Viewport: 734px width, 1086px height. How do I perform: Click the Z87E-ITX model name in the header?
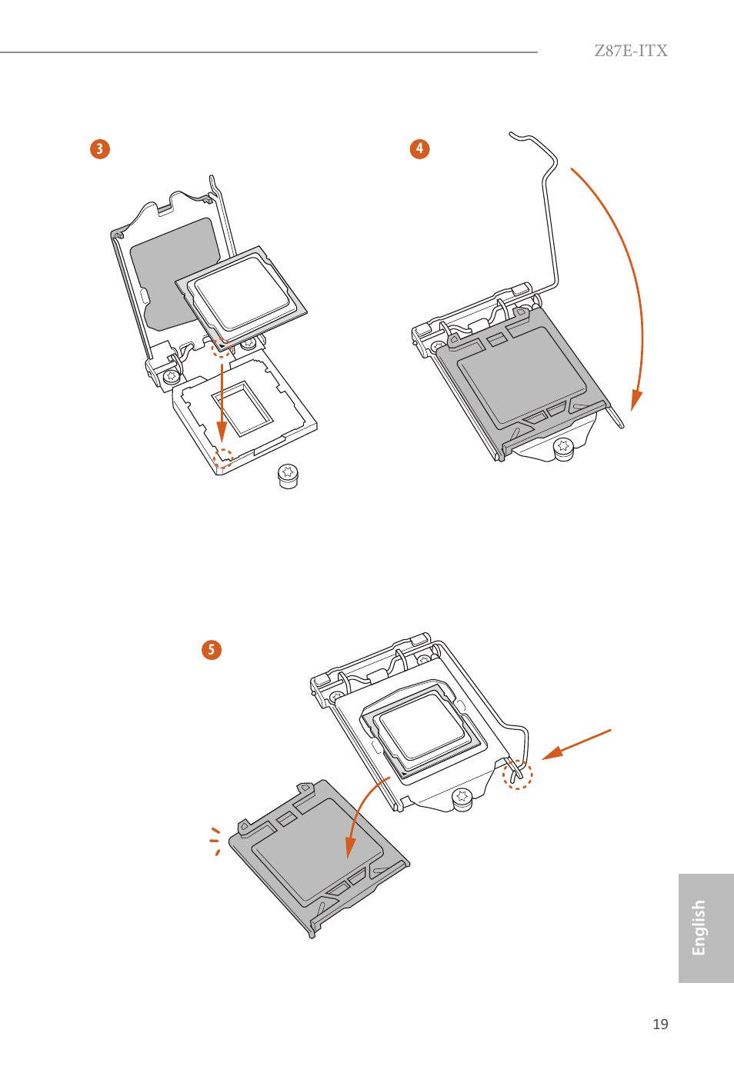pyautogui.click(x=630, y=51)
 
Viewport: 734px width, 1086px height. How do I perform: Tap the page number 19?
pyautogui.click(x=660, y=1024)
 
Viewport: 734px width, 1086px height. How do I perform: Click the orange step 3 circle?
pyautogui.click(x=100, y=148)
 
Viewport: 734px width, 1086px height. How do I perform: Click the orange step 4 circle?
pyautogui.click(x=419, y=148)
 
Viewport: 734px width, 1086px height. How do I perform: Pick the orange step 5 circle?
pyautogui.click(x=212, y=650)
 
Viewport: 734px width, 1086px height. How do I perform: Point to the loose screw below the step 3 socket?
pyautogui.click(x=288, y=475)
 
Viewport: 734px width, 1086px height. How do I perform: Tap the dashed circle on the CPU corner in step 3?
pyautogui.click(x=222, y=347)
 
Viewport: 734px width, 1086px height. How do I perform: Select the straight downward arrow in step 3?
pyautogui.click(x=222, y=400)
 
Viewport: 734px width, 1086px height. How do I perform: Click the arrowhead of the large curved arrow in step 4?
pyautogui.click(x=636, y=400)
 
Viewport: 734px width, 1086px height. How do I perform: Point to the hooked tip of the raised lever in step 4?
pyautogui.click(x=514, y=136)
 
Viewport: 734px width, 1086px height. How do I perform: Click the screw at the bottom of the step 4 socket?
pyautogui.click(x=563, y=446)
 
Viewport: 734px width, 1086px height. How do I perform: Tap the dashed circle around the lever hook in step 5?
pyautogui.click(x=517, y=775)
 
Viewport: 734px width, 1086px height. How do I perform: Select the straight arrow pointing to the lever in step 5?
pyautogui.click(x=577, y=744)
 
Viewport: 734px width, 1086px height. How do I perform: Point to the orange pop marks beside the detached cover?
pyautogui.click(x=215, y=841)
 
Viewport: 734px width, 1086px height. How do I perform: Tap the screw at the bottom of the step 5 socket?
pyautogui.click(x=462, y=797)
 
